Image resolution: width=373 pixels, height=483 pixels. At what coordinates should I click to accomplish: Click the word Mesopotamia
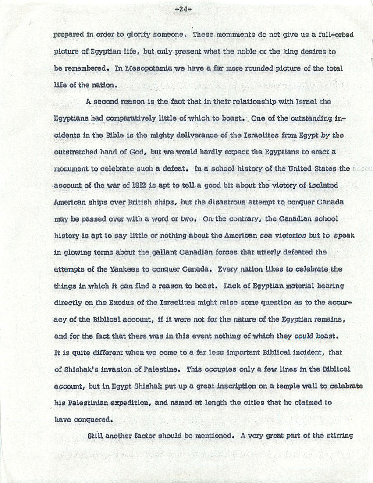[149, 68]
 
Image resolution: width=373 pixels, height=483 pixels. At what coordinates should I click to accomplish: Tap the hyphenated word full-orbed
[334, 35]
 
